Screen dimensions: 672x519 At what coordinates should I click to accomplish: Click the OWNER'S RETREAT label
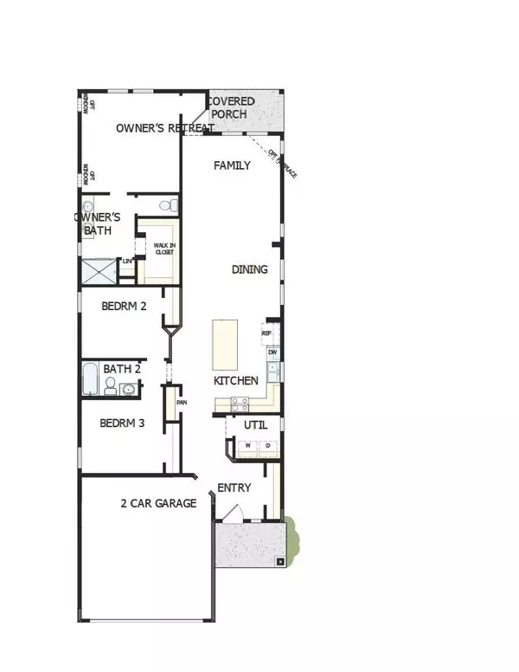point(165,128)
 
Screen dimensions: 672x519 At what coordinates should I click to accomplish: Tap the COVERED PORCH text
point(229,107)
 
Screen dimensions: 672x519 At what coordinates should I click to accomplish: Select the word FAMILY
point(233,165)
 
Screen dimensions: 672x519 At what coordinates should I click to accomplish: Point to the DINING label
point(249,269)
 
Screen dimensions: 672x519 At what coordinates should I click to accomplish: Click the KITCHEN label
point(236,380)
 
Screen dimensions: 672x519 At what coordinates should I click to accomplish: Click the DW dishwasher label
point(272,352)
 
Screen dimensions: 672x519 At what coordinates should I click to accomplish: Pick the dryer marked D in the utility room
point(268,446)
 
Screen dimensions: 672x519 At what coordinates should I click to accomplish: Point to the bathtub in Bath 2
point(91,379)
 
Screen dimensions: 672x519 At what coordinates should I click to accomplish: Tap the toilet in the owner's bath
point(170,206)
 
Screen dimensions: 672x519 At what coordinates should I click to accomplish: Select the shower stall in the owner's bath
point(98,272)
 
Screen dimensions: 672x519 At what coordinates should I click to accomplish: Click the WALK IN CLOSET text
point(163,249)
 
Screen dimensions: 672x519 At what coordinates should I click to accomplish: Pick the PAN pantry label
point(182,402)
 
